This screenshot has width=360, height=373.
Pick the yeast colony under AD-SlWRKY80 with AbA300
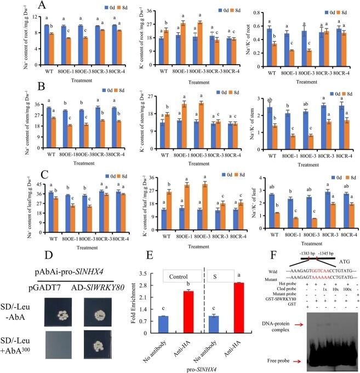(x=92, y=330)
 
